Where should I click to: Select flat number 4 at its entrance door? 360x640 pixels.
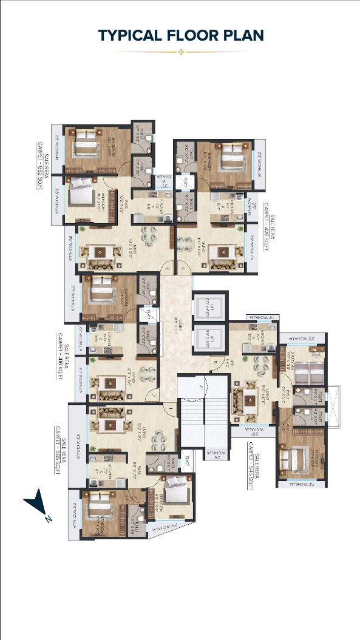click(x=181, y=269)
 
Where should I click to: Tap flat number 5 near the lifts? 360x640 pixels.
click(x=214, y=364)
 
